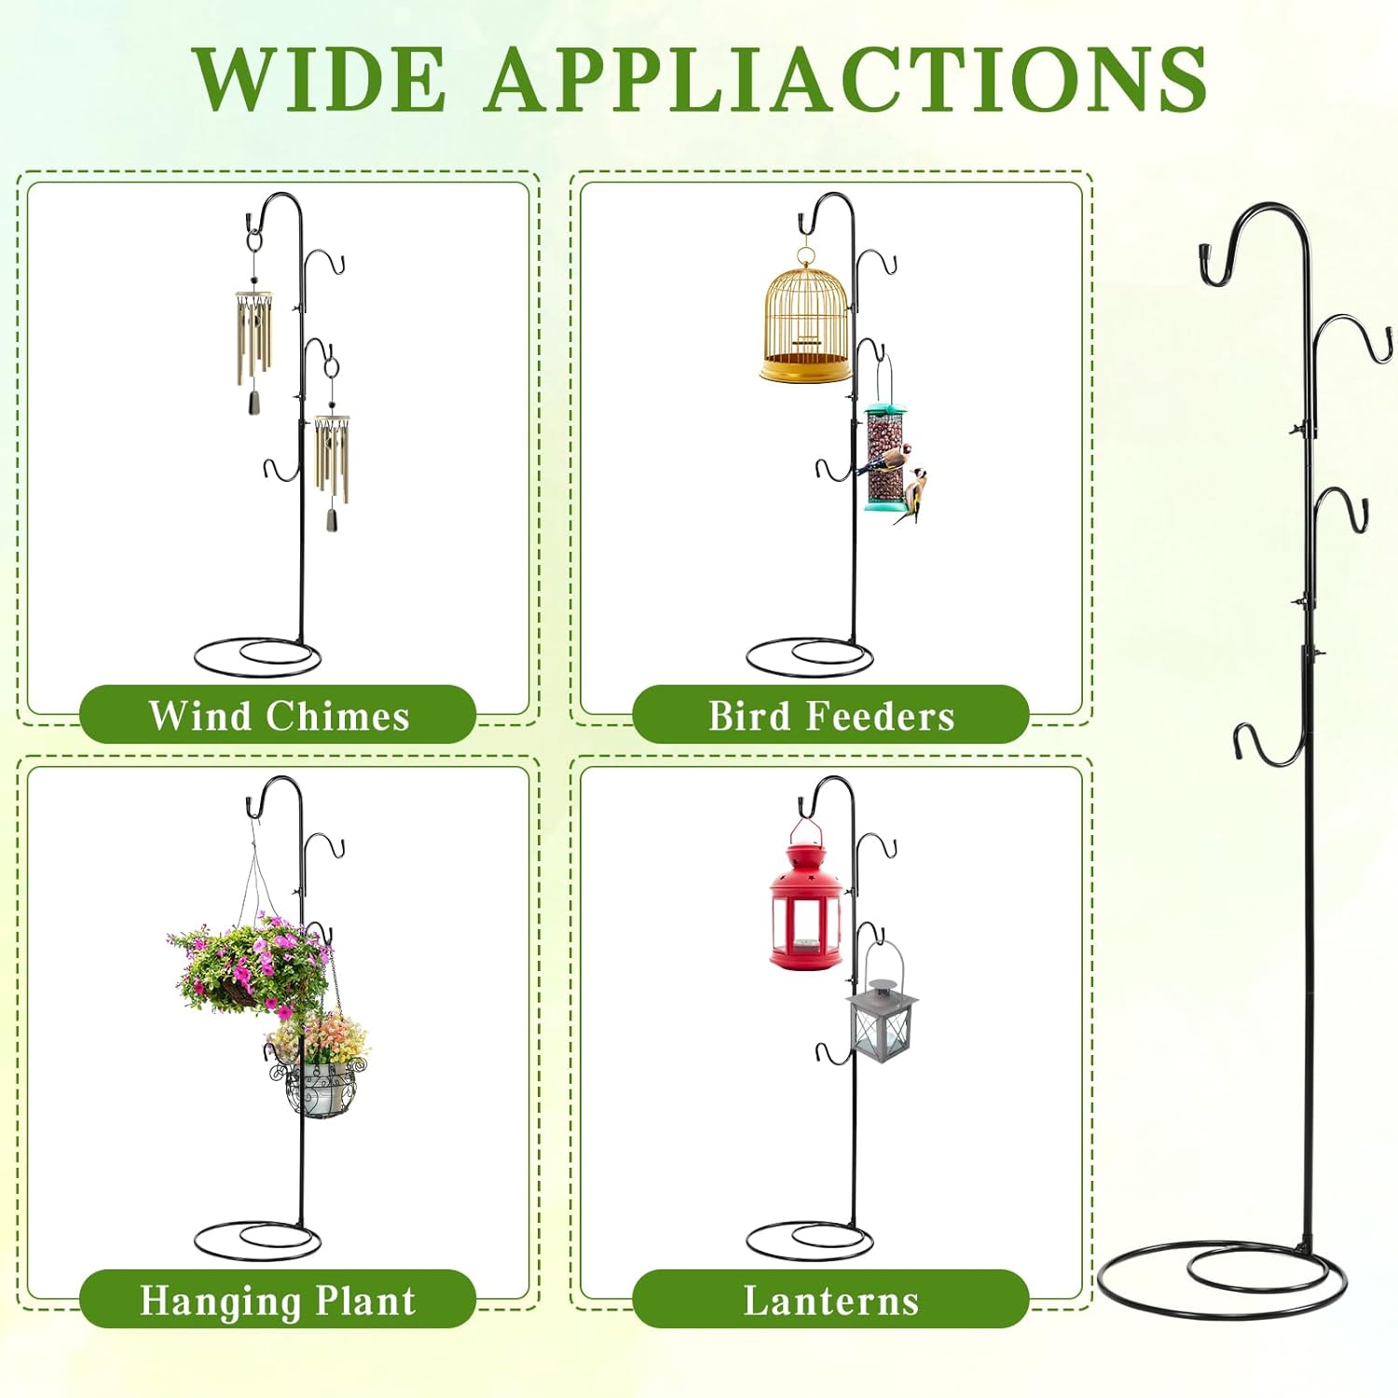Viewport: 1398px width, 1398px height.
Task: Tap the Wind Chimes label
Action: click(x=279, y=716)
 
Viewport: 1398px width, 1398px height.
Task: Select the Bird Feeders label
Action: click(x=831, y=716)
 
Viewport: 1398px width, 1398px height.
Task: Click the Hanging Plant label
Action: click(x=278, y=1300)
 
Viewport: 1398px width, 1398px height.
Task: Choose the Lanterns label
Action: click(x=831, y=1300)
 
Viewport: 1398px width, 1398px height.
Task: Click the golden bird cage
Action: click(x=806, y=317)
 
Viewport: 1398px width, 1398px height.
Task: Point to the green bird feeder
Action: click(x=884, y=457)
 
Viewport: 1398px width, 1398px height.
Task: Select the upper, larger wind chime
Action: click(x=254, y=336)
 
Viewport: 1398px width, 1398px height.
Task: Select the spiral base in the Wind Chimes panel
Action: click(x=257, y=656)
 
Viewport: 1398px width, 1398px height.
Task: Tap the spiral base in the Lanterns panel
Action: click(x=810, y=1240)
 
